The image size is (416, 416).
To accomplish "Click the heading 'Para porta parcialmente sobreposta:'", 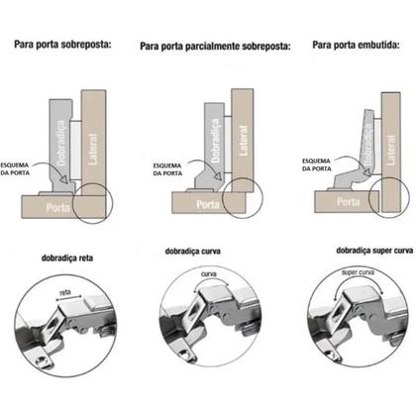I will click(215, 46).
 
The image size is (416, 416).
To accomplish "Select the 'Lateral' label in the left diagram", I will click(91, 153).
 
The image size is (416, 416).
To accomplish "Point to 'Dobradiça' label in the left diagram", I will click(57, 149).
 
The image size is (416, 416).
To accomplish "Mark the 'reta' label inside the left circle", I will click(64, 293).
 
